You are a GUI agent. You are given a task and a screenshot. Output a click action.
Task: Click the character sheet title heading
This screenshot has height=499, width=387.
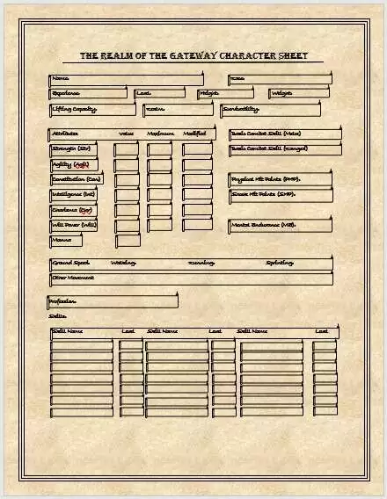tap(193, 55)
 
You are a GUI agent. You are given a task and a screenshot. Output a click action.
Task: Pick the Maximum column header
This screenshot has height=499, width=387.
tap(160, 134)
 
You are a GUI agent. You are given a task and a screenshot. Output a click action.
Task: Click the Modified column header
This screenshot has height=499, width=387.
tap(194, 134)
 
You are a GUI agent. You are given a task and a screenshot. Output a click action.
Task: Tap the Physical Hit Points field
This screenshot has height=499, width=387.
tap(281, 178)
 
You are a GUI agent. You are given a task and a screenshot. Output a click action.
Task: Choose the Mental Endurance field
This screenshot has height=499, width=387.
tap(281, 225)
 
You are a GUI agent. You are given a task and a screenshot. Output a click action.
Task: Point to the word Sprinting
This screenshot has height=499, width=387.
tap(280, 263)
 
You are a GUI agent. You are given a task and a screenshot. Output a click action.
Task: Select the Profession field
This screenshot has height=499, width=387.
tap(113, 301)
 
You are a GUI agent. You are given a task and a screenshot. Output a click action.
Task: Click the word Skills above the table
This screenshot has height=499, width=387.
tap(58, 315)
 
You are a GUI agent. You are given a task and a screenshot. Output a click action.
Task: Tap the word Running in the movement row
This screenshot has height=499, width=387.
tap(201, 263)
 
